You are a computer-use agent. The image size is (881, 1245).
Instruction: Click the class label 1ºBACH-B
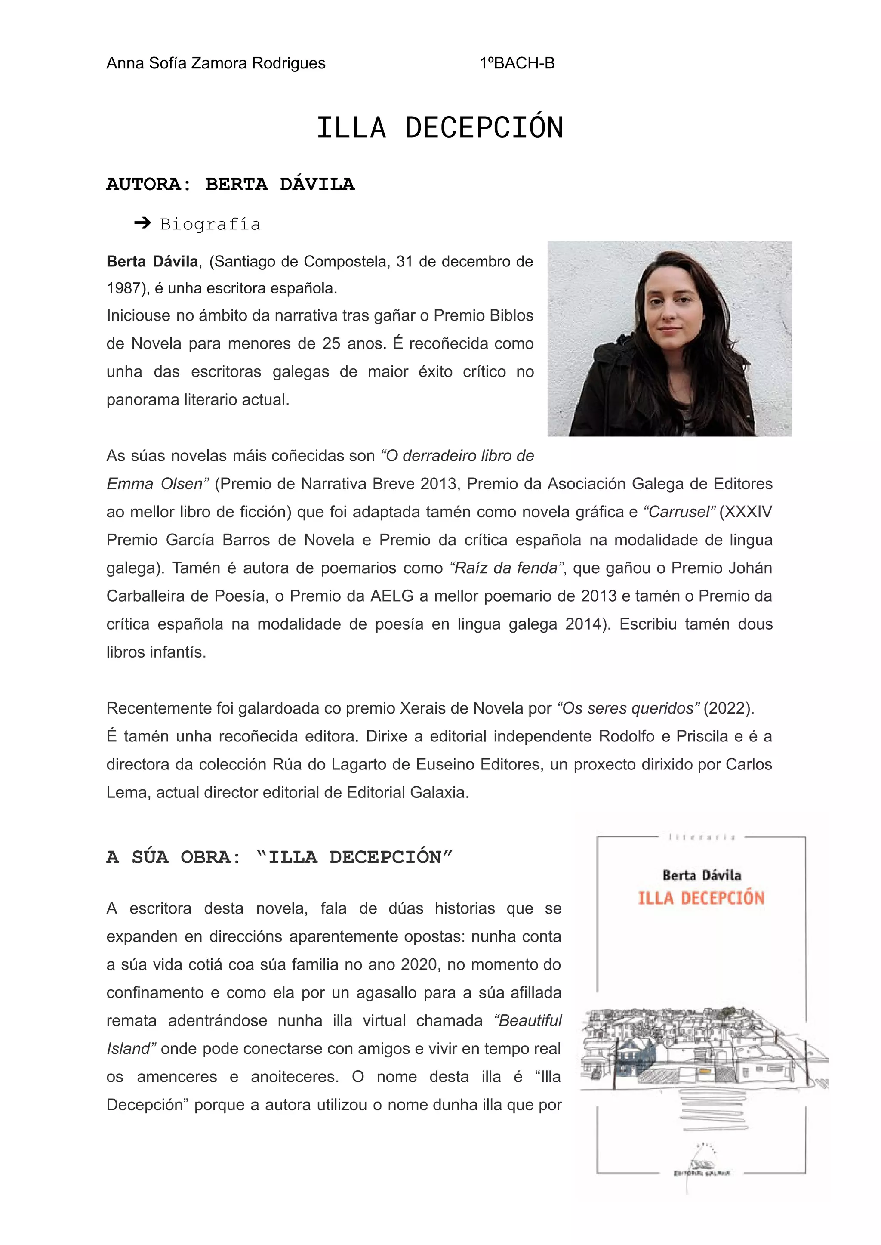click(x=517, y=64)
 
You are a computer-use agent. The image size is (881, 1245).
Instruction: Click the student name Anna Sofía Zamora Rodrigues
click(x=216, y=64)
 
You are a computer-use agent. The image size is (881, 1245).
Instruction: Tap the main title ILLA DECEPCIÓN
click(x=440, y=128)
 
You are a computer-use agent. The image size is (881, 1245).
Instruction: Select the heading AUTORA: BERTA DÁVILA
click(x=231, y=185)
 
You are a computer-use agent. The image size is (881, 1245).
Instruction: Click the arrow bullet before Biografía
click(x=142, y=223)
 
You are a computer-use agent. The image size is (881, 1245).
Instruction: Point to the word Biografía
click(x=210, y=224)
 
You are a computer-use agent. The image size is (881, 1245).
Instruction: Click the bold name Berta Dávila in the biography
click(x=152, y=262)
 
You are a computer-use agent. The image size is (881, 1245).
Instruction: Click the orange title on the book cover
click(x=701, y=898)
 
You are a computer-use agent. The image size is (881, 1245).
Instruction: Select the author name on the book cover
click(x=702, y=875)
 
